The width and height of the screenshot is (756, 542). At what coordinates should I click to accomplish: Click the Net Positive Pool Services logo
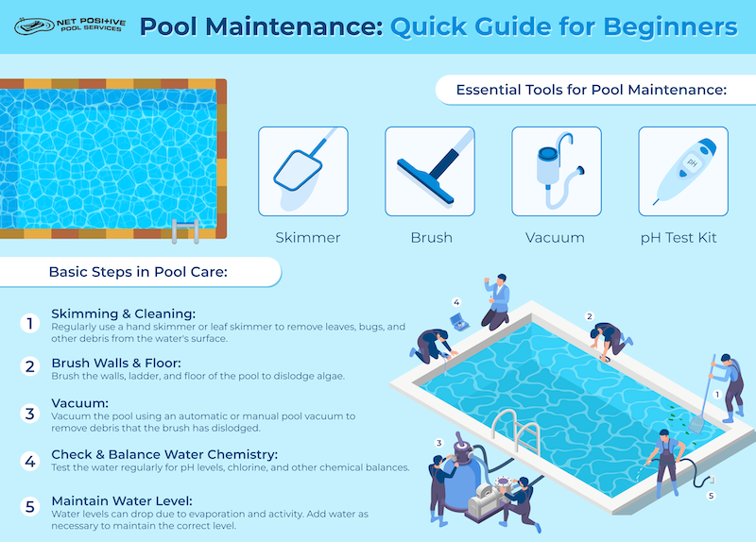pos(70,25)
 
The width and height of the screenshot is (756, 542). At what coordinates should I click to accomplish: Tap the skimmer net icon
pos(302,171)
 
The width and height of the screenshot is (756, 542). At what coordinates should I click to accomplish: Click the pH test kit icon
pos(683,171)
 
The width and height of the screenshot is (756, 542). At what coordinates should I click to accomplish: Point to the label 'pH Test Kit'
pos(679,238)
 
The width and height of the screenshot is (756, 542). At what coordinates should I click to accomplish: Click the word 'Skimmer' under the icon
pos(308,238)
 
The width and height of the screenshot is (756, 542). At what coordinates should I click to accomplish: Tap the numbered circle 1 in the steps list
pos(30,323)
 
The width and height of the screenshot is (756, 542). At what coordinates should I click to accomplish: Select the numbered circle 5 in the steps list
pos(30,507)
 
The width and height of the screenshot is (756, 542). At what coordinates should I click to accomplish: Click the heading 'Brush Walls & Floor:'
pos(116,363)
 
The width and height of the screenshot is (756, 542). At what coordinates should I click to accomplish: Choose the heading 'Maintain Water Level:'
pos(122,501)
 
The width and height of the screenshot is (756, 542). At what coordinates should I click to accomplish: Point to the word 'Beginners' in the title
pos(670,27)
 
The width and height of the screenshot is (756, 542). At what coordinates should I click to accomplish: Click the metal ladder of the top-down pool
pos(185,231)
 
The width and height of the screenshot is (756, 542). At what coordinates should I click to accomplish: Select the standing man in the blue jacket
pos(497,302)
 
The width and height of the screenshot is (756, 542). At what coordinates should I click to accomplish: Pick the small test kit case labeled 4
pos(459,322)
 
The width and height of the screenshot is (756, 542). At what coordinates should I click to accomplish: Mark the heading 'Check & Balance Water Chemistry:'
pos(164,454)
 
